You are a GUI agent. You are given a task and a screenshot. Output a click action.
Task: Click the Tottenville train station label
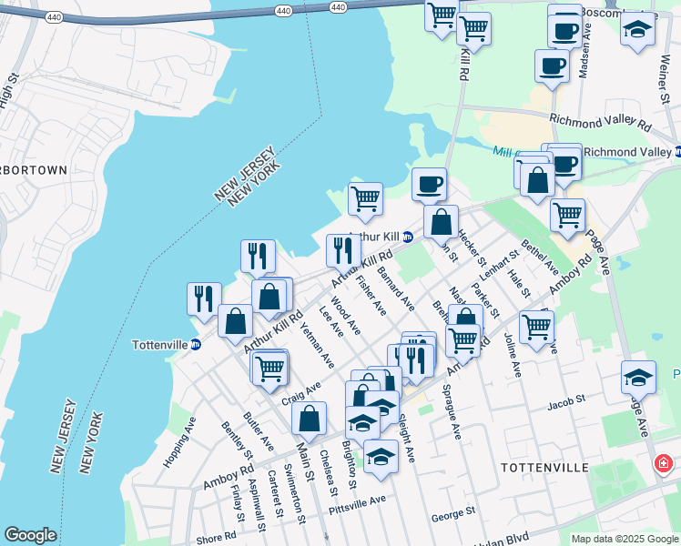(x=160, y=345)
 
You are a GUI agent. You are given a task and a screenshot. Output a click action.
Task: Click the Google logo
(x=30, y=535)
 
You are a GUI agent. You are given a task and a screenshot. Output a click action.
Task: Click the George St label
(x=453, y=514)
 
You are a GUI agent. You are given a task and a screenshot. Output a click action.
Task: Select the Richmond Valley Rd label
(x=601, y=122)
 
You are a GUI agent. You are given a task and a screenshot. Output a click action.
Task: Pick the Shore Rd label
(x=216, y=537)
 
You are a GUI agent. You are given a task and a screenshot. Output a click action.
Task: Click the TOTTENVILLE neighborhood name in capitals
(x=544, y=467)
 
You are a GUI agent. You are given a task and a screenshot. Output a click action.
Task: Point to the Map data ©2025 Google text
(x=624, y=539)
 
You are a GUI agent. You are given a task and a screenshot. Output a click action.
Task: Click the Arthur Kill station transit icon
(x=409, y=237)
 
